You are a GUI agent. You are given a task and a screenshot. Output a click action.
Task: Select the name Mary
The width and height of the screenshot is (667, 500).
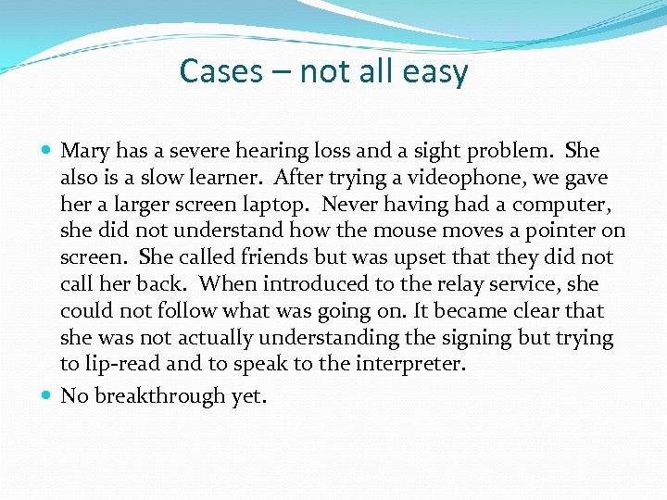click(x=85, y=151)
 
